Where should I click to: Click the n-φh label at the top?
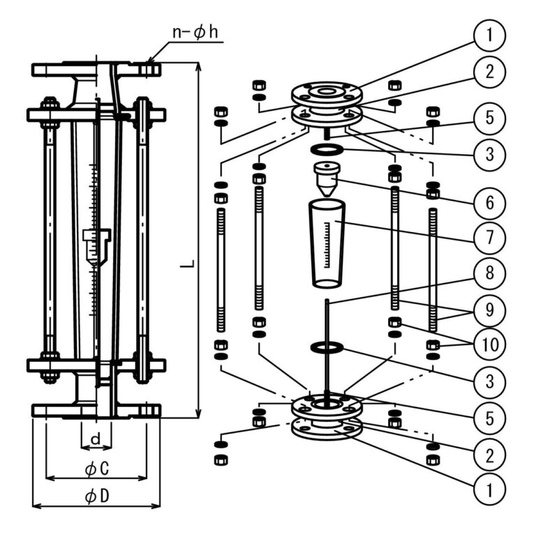coord(195,32)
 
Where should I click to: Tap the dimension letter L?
coord(188,264)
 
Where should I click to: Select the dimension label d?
coord(96,438)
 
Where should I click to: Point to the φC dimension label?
coord(97,468)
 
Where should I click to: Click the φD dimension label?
coord(97,496)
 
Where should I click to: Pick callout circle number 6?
coord(489,203)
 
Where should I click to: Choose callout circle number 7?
coord(489,238)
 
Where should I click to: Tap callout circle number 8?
coord(489,273)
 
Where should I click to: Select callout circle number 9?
coord(489,310)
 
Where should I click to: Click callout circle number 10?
coord(489,344)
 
